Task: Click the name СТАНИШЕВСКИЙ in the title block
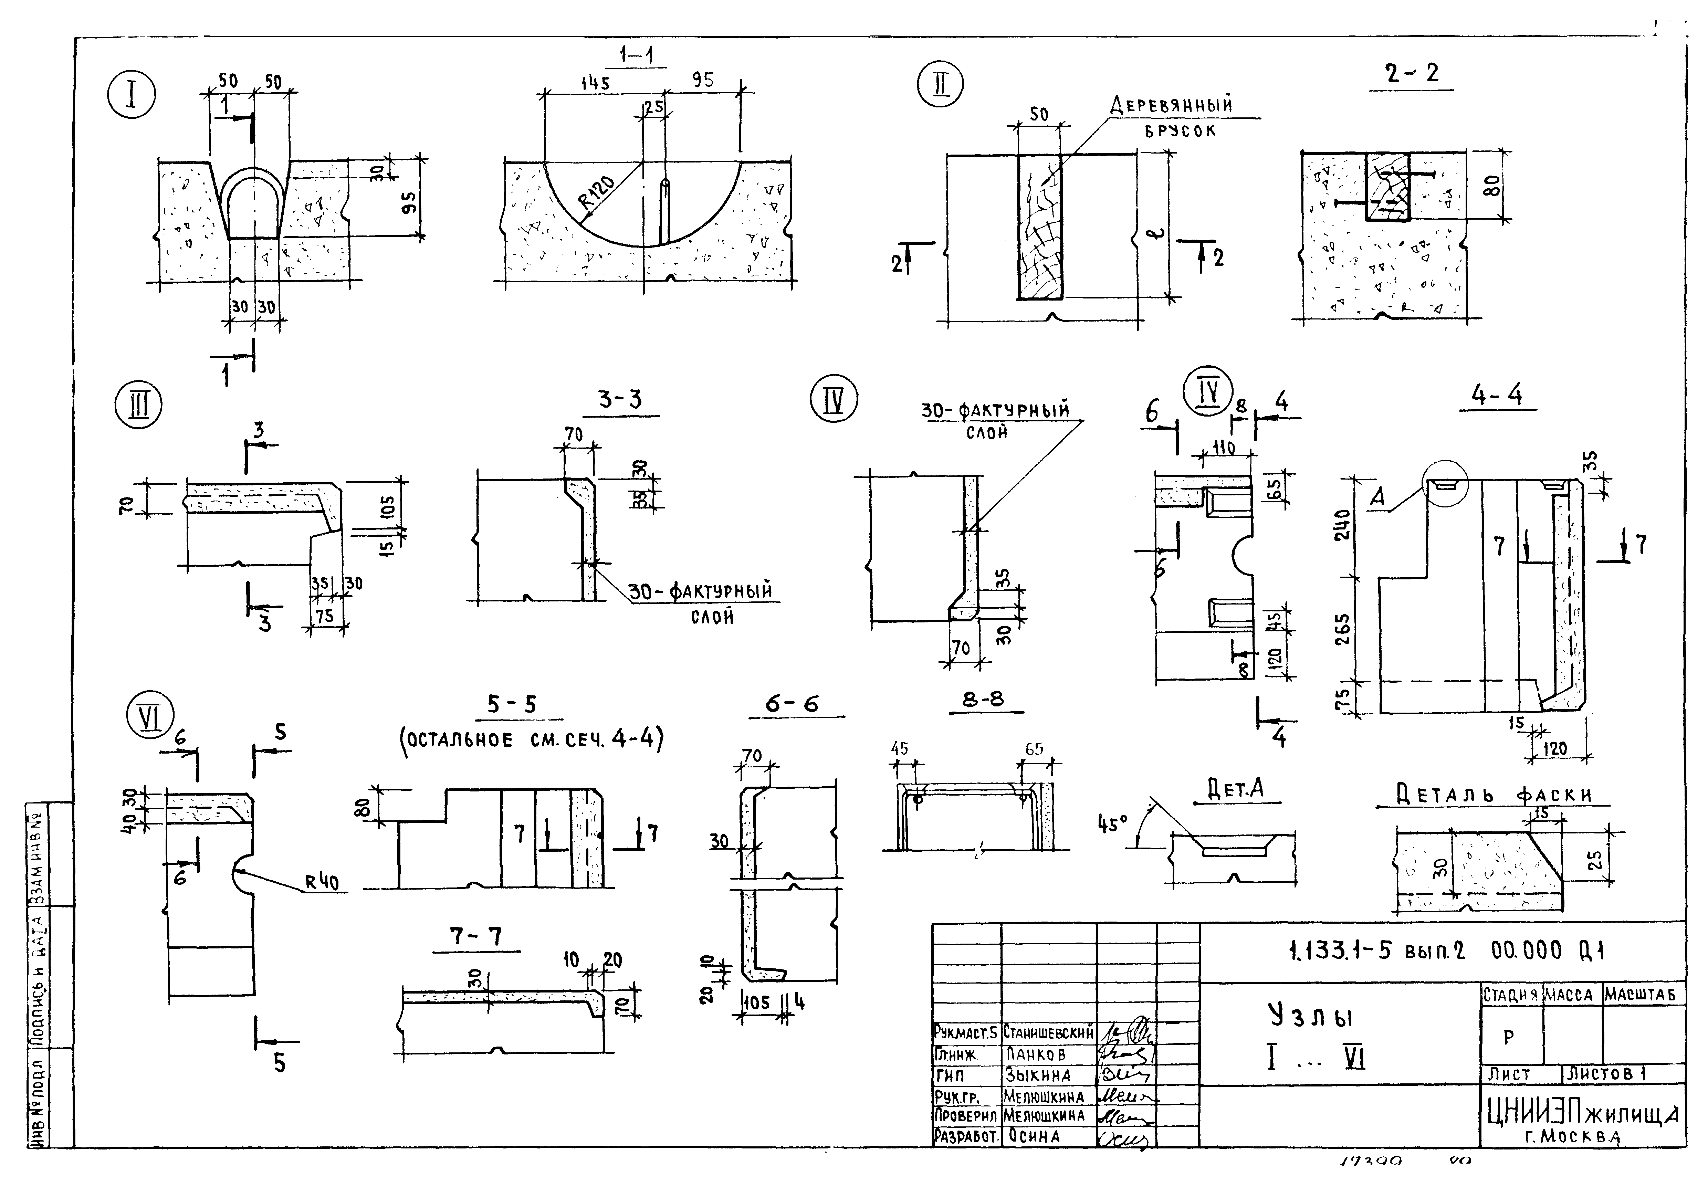tap(1048, 1032)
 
